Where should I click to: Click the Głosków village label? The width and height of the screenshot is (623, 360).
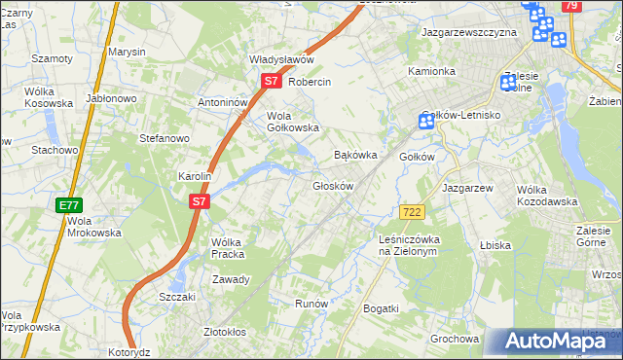[332, 185]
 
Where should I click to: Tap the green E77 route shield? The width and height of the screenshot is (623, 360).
[68, 205]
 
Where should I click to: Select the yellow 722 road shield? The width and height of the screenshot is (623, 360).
[410, 212]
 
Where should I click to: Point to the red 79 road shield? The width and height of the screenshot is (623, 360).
[571, 6]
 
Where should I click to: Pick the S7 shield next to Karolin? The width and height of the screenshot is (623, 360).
[199, 201]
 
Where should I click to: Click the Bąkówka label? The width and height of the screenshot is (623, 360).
[354, 155]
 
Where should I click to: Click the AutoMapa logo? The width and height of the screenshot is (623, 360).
[554, 341]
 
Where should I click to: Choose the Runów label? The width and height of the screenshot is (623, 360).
[311, 304]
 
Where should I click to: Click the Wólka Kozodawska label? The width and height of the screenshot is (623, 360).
[547, 195]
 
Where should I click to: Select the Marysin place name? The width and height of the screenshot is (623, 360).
[126, 51]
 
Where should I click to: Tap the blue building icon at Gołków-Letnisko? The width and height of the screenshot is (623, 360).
[425, 122]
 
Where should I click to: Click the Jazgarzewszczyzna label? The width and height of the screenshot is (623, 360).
[468, 32]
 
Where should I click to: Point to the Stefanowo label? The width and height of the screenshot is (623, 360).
[164, 138]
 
